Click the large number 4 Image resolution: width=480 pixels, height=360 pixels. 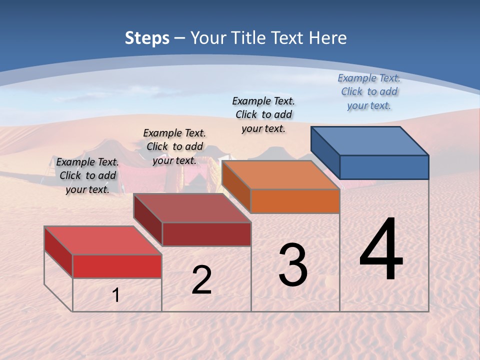pyautogui.click(x=381, y=250)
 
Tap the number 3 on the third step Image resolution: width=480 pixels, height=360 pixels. pyautogui.click(x=293, y=265)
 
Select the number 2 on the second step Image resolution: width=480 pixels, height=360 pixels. pyautogui.click(x=201, y=280)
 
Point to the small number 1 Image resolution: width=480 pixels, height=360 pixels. pyautogui.click(x=116, y=295)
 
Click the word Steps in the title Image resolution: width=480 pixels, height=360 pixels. pyautogui.click(x=147, y=38)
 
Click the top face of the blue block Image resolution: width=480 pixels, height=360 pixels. pyautogui.click(x=370, y=140)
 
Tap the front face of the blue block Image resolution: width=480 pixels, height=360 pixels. pyautogui.click(x=384, y=167)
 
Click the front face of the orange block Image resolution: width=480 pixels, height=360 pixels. pyautogui.click(x=295, y=201)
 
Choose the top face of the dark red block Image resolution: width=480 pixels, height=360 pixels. pyautogui.click(x=192, y=208)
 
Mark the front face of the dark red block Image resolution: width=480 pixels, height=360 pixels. pyautogui.click(x=206, y=234)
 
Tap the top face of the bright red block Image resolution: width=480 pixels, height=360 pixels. pyautogui.click(x=103, y=240)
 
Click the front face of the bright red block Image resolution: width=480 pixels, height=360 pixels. pyautogui.click(x=117, y=266)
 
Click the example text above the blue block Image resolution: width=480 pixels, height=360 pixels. pyautogui.click(x=369, y=91)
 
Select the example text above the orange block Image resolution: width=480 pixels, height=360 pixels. pyautogui.click(x=263, y=114)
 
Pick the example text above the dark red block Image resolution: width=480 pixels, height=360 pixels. pyautogui.click(x=174, y=146)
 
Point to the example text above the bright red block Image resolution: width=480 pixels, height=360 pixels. pyautogui.click(x=87, y=175)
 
